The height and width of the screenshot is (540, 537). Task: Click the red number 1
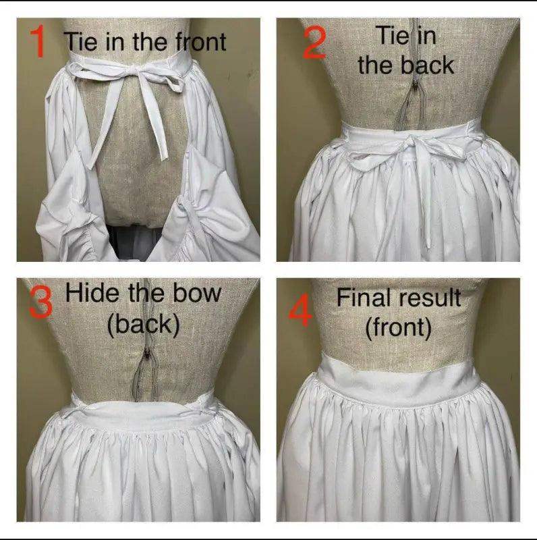38,40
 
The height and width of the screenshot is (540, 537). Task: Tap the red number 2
315,43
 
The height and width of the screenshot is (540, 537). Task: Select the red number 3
41,302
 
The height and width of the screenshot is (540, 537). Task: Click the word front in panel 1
201,42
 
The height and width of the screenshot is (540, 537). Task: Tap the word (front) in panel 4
398,327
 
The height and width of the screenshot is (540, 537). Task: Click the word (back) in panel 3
143,325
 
